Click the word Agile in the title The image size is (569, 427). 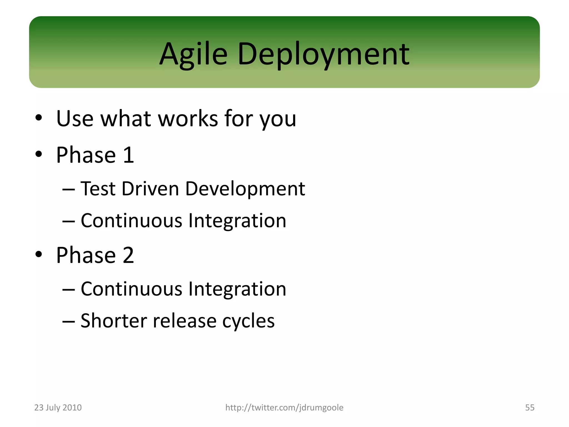pyautogui.click(x=193, y=54)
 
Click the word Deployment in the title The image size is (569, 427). pyautogui.click(x=323, y=54)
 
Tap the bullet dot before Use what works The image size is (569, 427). pyautogui.click(x=39, y=118)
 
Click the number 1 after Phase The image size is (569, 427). pyautogui.click(x=128, y=155)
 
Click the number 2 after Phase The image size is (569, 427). pyautogui.click(x=128, y=255)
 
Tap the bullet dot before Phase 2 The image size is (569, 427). pyautogui.click(x=39, y=254)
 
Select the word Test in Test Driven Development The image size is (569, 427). pyautogui.click(x=98, y=189)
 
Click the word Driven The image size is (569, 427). pyautogui.click(x=150, y=189)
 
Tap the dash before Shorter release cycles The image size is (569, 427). pyautogui.click(x=69, y=321)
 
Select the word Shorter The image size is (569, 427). pyautogui.click(x=114, y=321)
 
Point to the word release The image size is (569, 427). pyautogui.click(x=185, y=321)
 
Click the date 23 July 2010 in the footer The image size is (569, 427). pyautogui.click(x=58, y=408)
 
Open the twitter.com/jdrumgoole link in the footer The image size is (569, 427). pyautogui.click(x=284, y=408)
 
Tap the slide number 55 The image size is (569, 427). pyautogui.click(x=530, y=408)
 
